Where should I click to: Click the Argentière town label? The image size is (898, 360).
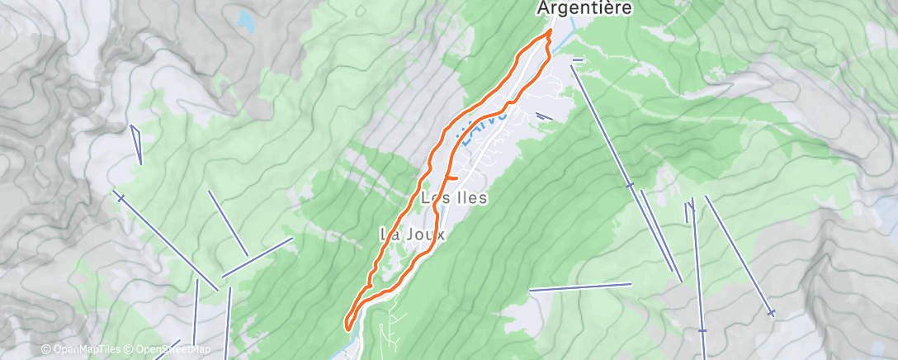pos(584,8)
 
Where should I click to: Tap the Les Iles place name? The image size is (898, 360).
pos(454,198)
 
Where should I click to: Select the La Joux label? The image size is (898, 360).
pos(412,234)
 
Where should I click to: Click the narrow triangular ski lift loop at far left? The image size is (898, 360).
pos(136,144)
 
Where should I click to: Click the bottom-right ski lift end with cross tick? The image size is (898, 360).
pos(771,312)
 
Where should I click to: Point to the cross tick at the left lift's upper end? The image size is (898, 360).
pos(121,197)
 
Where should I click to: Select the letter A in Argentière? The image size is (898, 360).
pos(545,8)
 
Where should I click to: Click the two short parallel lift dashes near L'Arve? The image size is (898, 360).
pos(544,116)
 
